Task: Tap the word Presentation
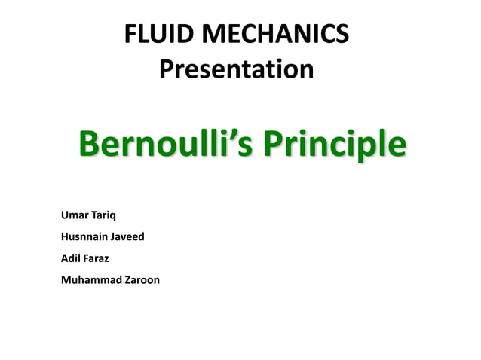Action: [237, 70]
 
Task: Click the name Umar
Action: [74, 216]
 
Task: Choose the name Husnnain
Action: [86, 237]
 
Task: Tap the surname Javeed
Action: [129, 237]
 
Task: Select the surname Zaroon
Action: [140, 280]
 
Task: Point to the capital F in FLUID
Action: [130, 35]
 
